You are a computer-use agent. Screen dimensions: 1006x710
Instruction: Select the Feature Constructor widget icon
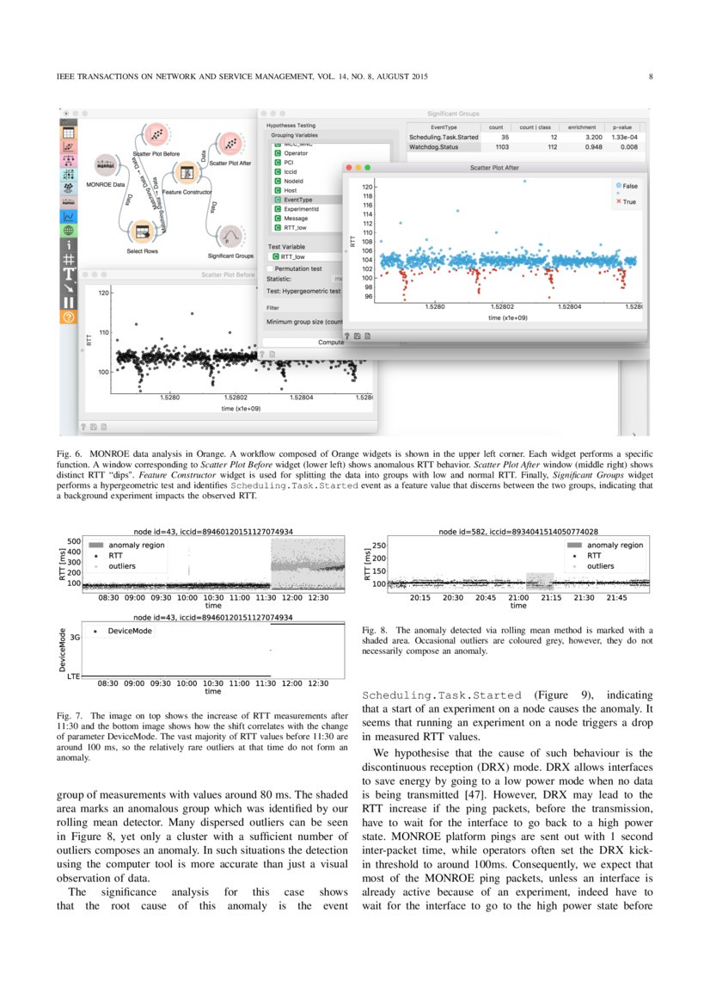[x=186, y=171]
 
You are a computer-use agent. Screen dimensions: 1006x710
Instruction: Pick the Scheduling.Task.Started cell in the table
[x=444, y=137]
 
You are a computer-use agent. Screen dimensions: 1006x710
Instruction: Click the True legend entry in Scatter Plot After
[x=625, y=202]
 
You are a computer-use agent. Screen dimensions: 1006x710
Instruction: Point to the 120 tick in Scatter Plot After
[x=367, y=187]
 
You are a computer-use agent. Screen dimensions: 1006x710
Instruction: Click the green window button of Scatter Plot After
[x=368, y=168]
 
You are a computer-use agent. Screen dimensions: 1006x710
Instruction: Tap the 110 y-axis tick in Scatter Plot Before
[x=104, y=332]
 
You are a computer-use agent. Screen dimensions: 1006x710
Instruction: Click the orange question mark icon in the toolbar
[x=68, y=317]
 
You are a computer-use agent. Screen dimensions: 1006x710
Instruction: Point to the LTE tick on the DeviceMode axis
[x=73, y=676]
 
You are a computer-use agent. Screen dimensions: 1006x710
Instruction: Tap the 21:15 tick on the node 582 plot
[x=552, y=597]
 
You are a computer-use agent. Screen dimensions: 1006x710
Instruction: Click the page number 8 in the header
[x=651, y=77]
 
